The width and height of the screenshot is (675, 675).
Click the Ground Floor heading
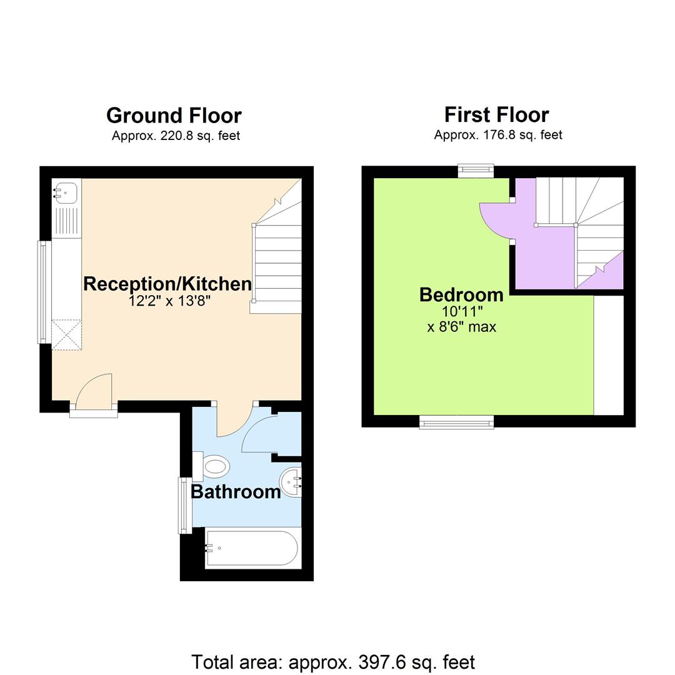174,116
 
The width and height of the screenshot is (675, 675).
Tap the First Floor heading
496,115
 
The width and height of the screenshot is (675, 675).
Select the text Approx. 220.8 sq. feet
176,136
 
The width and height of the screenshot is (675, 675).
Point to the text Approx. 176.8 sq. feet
498,135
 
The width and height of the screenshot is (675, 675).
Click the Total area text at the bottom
333,662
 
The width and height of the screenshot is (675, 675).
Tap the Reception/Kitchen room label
167,284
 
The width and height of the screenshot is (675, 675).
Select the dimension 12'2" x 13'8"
169,301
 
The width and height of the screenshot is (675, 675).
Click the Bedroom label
461,294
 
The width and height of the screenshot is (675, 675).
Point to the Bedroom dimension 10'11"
462,311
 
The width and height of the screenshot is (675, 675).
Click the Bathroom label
236,492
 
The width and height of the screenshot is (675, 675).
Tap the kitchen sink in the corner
66,192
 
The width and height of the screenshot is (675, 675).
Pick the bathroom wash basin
291,482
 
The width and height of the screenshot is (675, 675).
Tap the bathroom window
185,505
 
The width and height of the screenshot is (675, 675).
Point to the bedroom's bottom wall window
456,424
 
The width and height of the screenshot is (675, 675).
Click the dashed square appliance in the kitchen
66,334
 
